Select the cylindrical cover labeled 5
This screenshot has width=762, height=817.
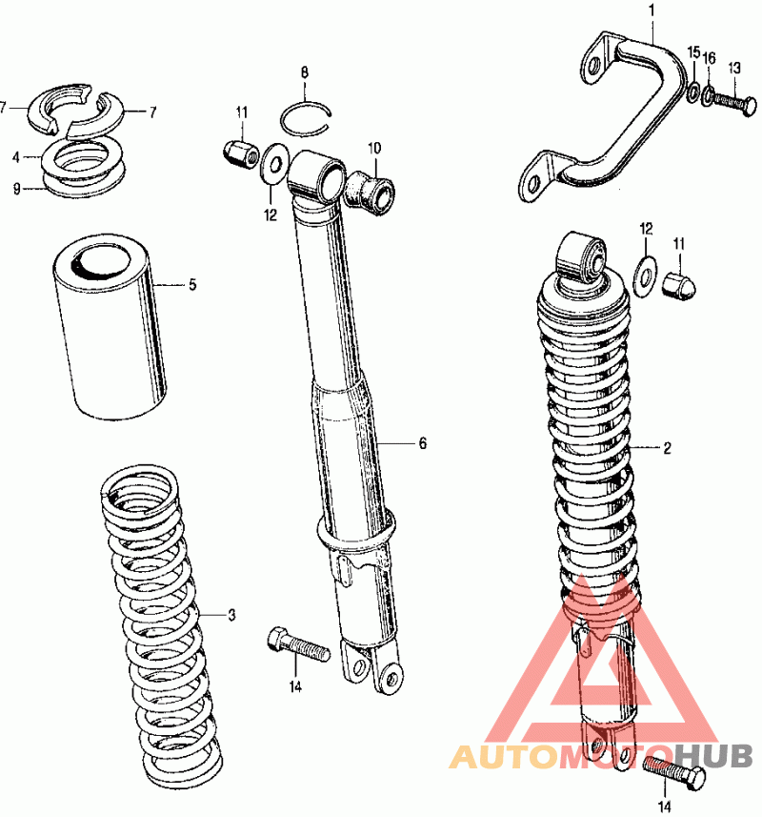pos(110,327)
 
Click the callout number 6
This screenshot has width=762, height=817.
pos(423,443)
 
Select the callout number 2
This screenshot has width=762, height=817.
pos(668,447)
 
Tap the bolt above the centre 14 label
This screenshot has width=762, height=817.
pos(298,645)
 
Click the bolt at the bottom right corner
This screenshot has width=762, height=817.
pos(674,771)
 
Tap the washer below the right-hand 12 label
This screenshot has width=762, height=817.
pos(645,276)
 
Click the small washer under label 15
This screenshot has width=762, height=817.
pos(693,92)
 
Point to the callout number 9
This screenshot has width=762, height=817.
pos(16,189)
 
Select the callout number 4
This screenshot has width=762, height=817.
pos(16,157)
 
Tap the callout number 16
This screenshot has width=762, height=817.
pos(710,58)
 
